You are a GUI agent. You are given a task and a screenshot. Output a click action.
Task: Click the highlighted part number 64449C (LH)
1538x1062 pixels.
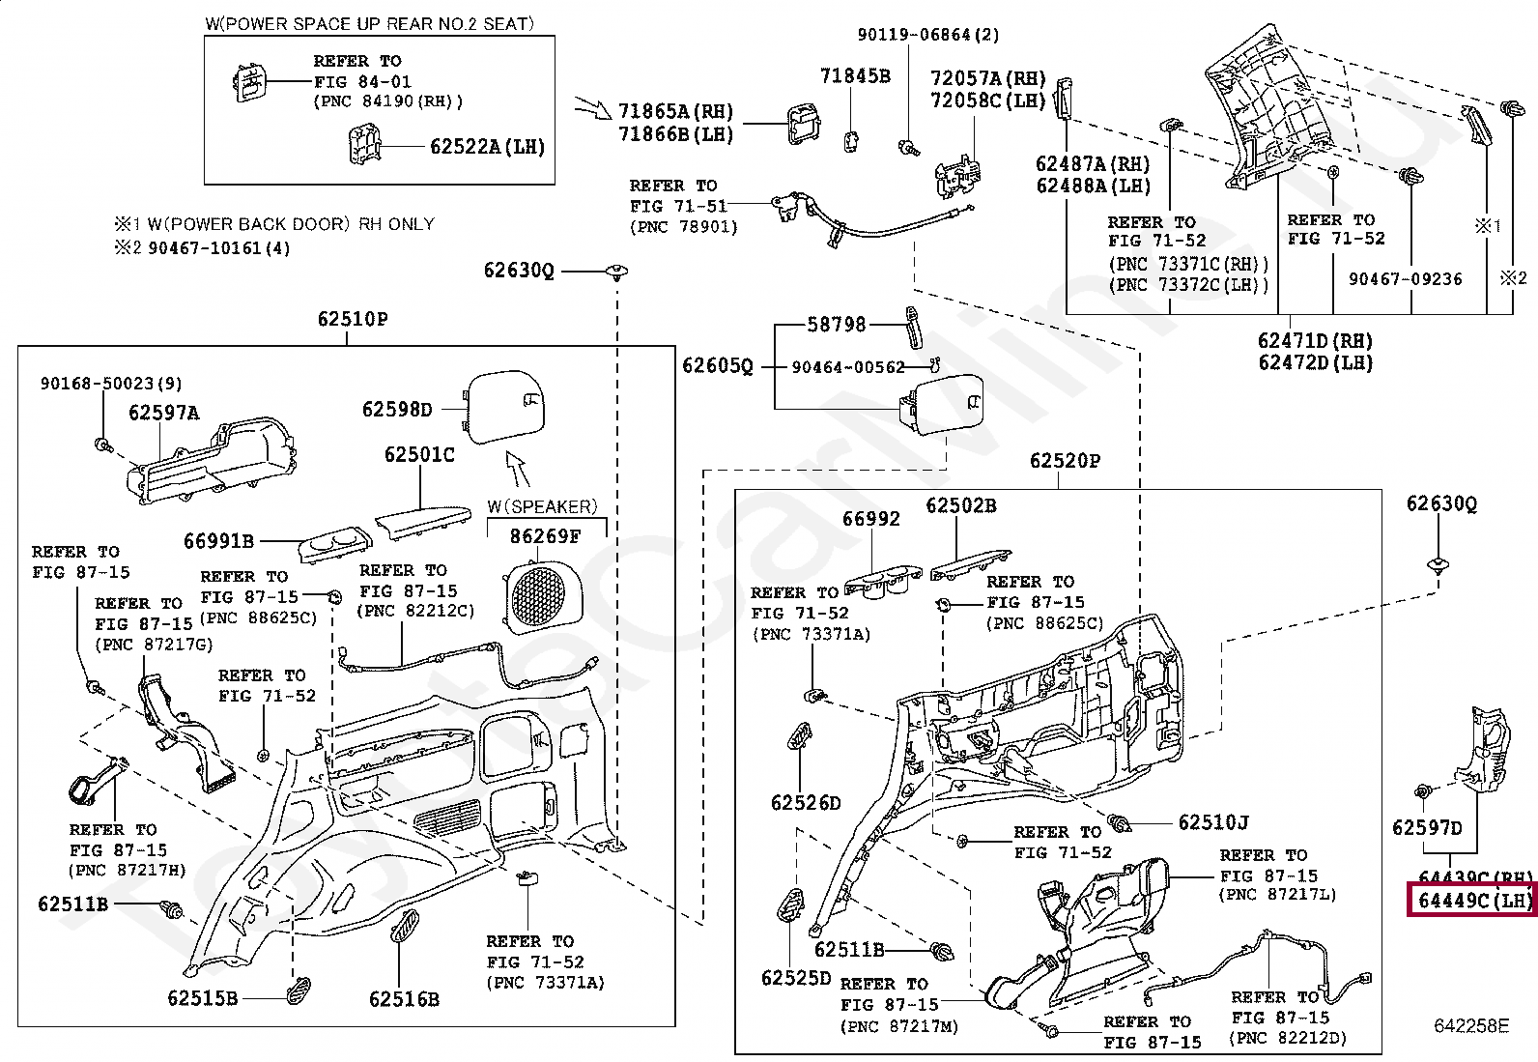point(1473,901)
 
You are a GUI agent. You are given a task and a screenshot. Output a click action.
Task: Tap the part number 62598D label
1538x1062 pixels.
point(397,410)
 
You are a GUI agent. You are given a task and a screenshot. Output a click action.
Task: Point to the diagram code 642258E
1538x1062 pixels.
point(1469,1025)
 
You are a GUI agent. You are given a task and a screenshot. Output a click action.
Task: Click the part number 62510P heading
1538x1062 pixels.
point(354,319)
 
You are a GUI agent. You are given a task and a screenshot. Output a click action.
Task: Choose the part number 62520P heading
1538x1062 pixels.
point(1065,461)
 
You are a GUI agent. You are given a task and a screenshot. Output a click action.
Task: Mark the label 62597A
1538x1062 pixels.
point(164,413)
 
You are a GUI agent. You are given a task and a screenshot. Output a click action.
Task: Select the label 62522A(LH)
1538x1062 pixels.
point(487,147)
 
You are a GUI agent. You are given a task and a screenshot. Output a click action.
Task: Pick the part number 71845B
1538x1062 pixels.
point(855,75)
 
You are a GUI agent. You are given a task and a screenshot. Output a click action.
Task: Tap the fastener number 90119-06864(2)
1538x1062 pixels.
point(928,35)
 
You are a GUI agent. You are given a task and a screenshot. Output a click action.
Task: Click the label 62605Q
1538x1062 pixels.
point(717,365)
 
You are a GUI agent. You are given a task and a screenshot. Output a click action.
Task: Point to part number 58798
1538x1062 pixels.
point(837,325)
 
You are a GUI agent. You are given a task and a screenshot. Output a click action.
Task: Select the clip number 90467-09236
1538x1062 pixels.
point(1405,278)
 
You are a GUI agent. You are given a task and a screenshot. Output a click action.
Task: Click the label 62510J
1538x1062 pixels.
point(1213,822)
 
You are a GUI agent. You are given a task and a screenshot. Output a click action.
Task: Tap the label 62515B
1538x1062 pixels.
point(202,997)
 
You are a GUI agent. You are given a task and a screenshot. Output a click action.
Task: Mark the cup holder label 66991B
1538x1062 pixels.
point(219,541)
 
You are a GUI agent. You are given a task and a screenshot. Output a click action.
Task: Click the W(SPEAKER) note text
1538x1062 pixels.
point(542,505)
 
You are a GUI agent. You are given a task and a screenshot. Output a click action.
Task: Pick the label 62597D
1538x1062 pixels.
point(1427,827)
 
